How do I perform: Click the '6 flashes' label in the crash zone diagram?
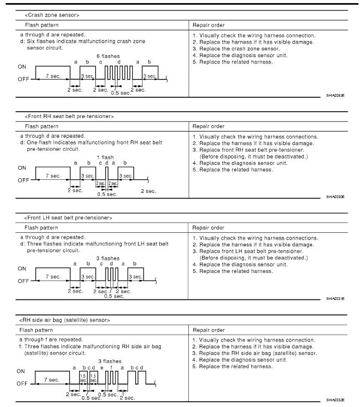click(106, 56)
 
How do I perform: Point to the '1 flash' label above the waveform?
click(106, 157)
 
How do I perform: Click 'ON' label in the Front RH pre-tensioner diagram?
click(22, 168)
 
